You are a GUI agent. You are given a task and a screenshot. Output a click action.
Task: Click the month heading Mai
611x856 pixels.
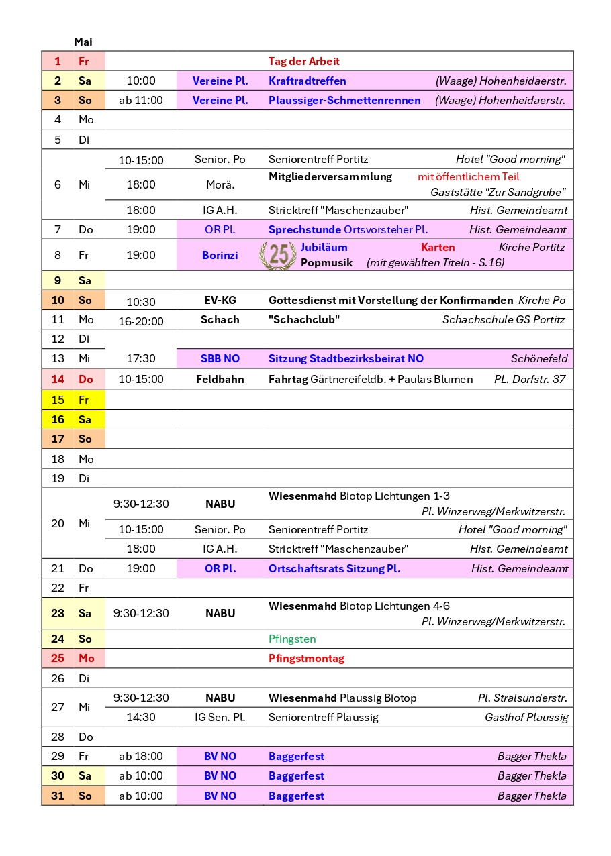pos(83,42)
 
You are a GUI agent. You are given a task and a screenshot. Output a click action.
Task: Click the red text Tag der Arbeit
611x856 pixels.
pos(304,61)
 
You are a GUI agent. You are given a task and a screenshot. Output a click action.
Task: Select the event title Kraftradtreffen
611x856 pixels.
pos(308,81)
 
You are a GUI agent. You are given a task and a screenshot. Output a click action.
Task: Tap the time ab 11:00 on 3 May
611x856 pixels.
pos(141,100)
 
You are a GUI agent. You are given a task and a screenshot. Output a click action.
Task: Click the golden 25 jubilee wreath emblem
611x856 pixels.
pos(278,255)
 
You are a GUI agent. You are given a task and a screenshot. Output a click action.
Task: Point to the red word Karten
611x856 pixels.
pos(438,247)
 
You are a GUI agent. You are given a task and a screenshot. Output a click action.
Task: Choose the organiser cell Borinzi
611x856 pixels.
pos(220,255)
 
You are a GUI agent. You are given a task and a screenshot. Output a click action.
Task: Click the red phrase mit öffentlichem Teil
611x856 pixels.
pos(469,176)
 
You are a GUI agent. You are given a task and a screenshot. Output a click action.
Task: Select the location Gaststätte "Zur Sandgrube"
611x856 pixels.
pos(498,192)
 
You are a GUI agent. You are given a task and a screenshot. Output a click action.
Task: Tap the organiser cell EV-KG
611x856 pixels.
pos(220,300)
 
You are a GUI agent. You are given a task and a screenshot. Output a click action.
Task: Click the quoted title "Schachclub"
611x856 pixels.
pos(304,319)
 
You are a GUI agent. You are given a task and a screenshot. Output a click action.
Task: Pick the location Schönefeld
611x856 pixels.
pos(539,358)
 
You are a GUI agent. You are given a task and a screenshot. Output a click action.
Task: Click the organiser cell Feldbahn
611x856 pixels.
pos(220,379)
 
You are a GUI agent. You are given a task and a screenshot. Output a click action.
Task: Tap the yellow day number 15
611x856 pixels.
pos(58,400)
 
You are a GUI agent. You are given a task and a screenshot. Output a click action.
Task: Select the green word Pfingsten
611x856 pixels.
pos(292,639)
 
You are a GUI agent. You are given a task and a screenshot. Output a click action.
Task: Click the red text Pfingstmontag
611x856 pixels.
pos(306,658)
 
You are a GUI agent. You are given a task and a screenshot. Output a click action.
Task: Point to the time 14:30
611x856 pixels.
pos(141,717)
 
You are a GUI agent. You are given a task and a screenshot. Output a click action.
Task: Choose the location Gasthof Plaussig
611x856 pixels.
pos(526,717)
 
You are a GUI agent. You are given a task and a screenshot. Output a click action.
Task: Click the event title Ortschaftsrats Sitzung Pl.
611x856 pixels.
pos(334,568)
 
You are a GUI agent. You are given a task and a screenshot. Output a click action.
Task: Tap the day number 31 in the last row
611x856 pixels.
pos(58,796)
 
